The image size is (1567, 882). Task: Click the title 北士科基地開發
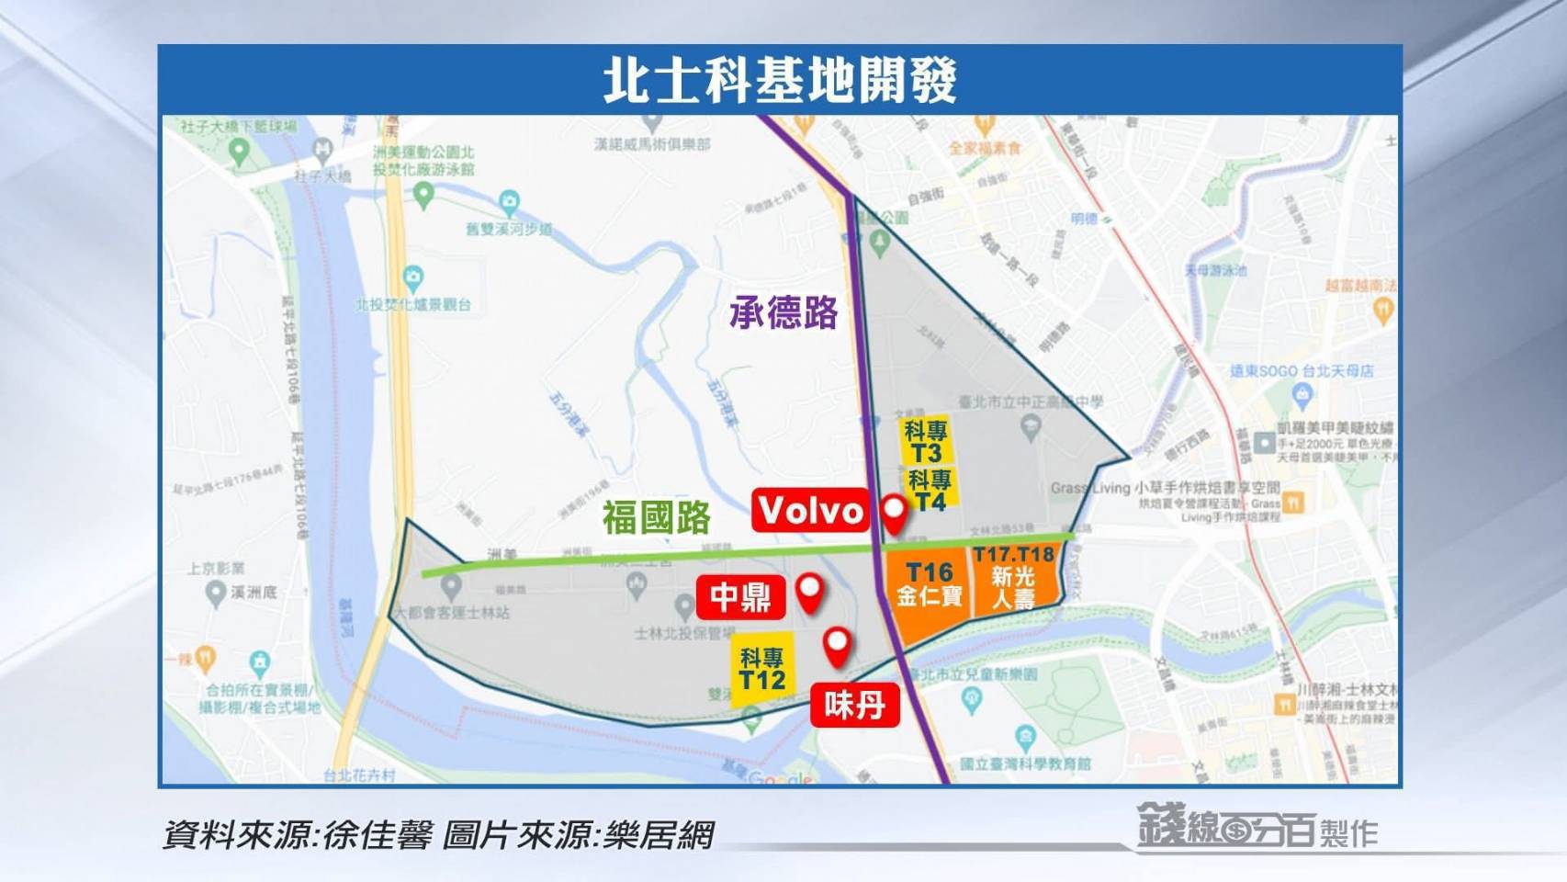[x=780, y=80]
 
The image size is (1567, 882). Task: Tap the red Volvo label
[x=810, y=510]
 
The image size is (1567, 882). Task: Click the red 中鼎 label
[x=740, y=597]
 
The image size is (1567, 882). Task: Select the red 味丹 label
[x=854, y=706]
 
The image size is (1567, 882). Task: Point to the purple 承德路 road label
[x=783, y=313]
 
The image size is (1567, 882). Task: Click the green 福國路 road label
[x=656, y=517]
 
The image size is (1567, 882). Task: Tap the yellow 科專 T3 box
[x=926, y=442]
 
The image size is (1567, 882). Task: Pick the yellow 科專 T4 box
[x=930, y=490]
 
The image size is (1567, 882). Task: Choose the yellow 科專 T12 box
[x=762, y=669]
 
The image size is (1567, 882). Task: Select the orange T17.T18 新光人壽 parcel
[x=1014, y=577]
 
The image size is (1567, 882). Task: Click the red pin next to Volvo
[x=894, y=514]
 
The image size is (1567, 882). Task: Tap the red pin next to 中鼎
[x=809, y=593]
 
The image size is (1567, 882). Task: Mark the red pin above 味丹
[x=837, y=646]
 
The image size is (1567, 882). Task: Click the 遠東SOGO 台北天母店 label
[x=1302, y=371]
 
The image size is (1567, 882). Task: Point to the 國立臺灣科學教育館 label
[x=1025, y=763]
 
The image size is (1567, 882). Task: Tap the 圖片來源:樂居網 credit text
[x=578, y=835]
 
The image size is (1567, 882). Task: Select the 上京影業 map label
[x=217, y=569]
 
